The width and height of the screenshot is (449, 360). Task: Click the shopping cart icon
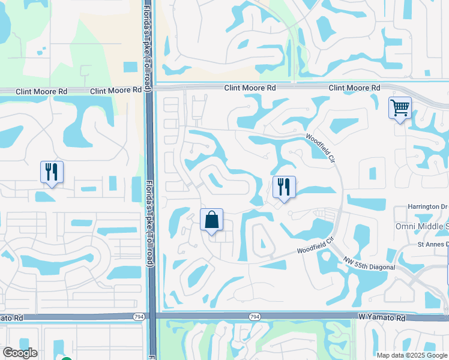click(x=400, y=109)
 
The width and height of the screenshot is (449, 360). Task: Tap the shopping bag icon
click(x=211, y=220)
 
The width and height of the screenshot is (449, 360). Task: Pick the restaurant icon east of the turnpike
click(x=284, y=187)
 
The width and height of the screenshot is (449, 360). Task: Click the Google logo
click(x=19, y=353)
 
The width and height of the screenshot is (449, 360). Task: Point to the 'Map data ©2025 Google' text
click(x=411, y=355)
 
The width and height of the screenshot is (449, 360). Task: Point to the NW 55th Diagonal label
click(x=370, y=263)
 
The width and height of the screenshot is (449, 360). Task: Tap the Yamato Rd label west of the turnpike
click(x=11, y=317)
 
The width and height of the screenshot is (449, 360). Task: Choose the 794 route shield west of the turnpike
click(x=139, y=316)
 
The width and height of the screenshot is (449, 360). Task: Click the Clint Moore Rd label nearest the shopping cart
click(x=354, y=88)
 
